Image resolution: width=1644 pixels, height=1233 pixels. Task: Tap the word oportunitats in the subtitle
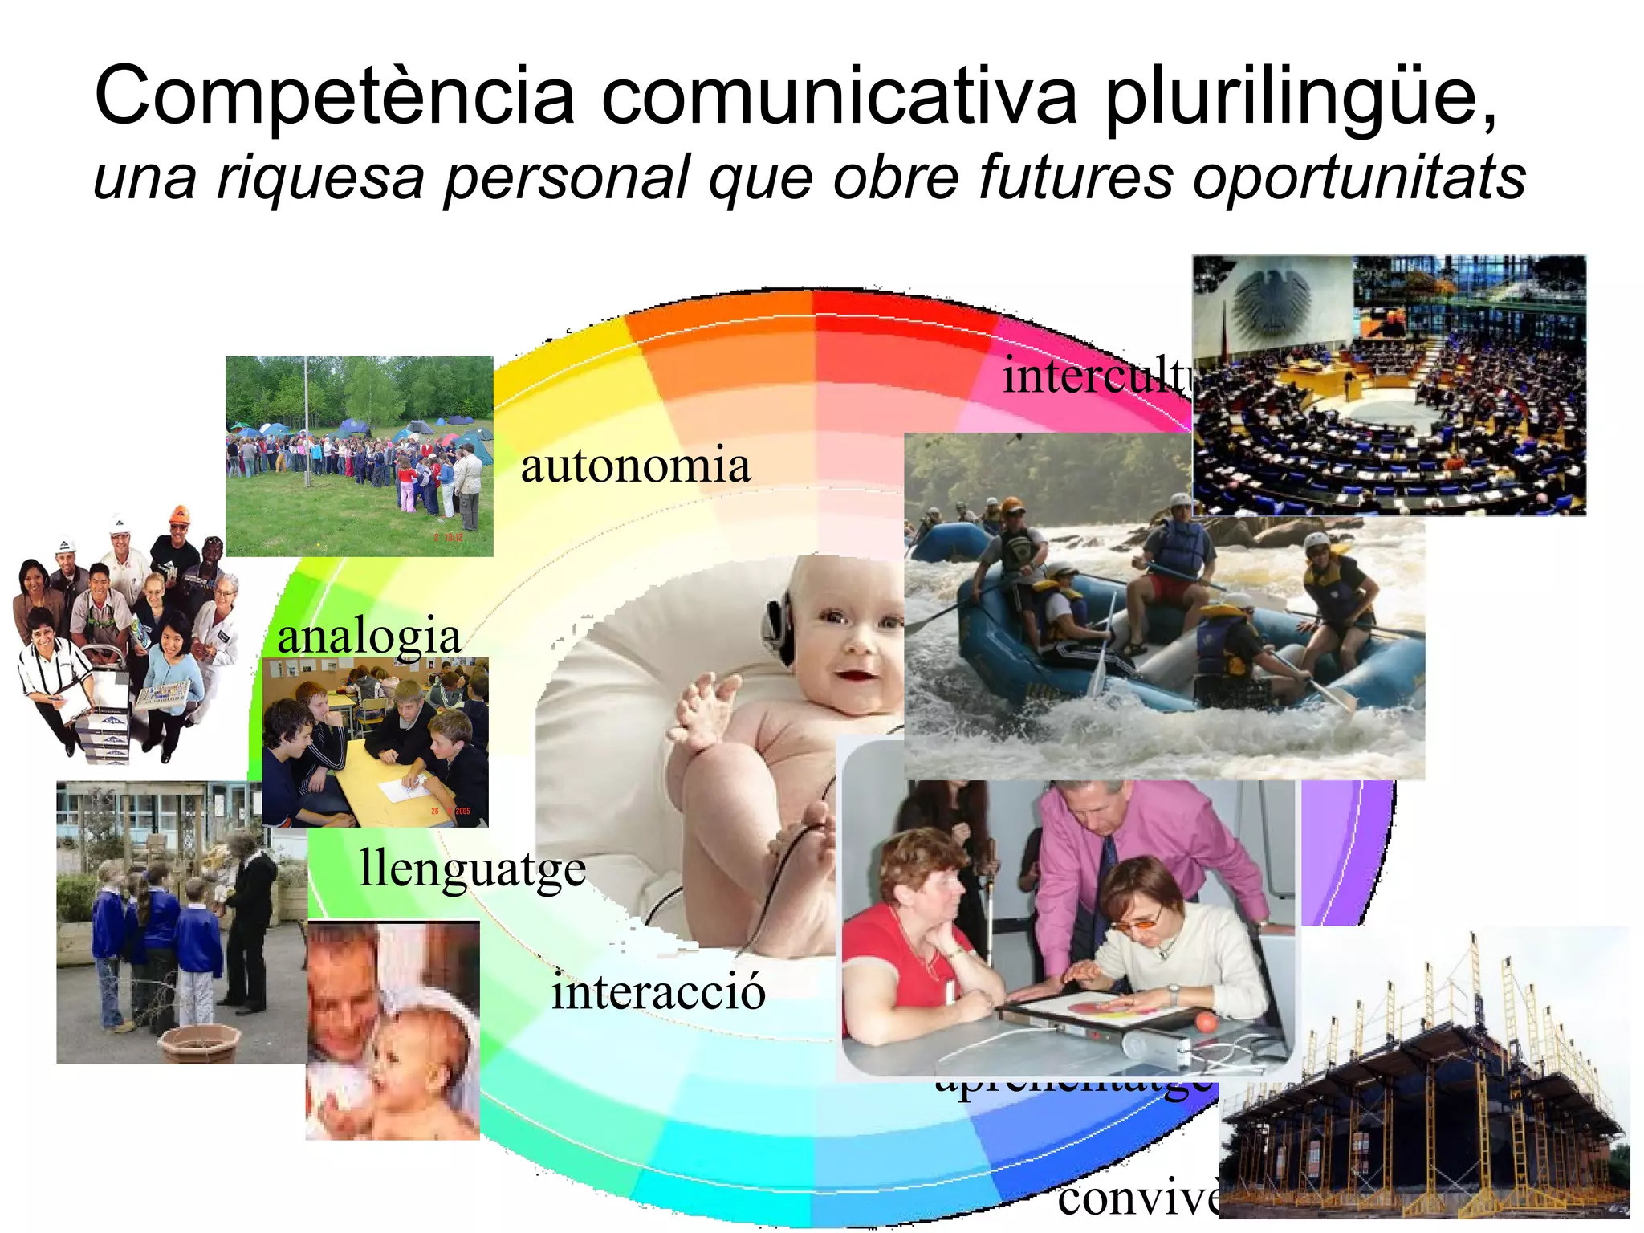[1358, 178]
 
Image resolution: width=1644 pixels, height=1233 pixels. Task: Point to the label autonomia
[635, 466]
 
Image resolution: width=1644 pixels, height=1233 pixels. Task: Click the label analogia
[369, 637]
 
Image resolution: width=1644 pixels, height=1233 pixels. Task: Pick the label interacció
[658, 992]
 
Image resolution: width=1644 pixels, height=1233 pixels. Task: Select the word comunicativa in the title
[839, 98]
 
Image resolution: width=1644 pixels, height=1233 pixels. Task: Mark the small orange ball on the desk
[1204, 1022]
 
